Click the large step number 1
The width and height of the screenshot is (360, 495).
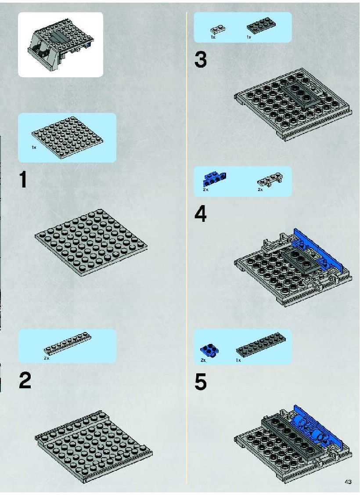(23, 179)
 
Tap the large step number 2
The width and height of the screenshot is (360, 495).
(25, 380)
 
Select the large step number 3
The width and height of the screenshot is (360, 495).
(201, 60)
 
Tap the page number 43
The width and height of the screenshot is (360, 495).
(348, 482)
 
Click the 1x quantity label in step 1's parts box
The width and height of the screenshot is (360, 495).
(34, 148)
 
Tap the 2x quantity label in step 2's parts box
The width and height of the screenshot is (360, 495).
(47, 358)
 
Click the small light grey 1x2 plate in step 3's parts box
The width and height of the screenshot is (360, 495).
(218, 29)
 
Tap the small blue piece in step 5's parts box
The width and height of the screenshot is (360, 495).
(209, 351)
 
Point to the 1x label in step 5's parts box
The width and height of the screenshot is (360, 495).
(238, 360)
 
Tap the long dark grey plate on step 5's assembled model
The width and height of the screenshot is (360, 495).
(293, 436)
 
